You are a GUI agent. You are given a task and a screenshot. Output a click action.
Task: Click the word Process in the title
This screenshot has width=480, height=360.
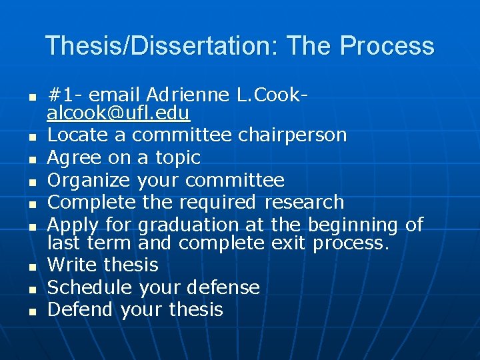click(x=387, y=46)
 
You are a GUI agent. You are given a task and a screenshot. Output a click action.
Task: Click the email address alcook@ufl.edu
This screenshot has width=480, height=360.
click(x=118, y=113)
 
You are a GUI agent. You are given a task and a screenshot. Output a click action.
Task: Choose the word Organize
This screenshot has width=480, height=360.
click(x=89, y=180)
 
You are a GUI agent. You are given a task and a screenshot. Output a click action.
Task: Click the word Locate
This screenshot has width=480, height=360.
click(x=77, y=135)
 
